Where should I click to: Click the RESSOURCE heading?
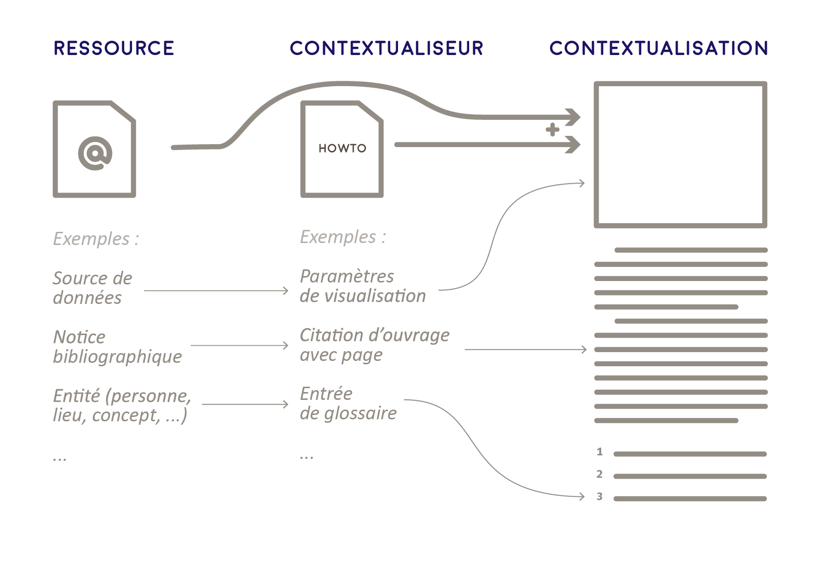coord(114,48)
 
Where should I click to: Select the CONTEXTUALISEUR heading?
coord(386,48)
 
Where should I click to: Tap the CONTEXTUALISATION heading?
coord(659,48)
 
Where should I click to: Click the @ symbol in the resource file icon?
coord(95,153)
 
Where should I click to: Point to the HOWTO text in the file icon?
coord(342,149)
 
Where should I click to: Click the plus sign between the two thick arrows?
coord(552,130)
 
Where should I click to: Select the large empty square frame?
coord(680,154)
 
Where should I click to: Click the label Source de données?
coord(93,288)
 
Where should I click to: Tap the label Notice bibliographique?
coord(117,347)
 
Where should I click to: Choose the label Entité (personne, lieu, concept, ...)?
coord(122,405)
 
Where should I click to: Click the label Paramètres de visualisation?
coord(362,286)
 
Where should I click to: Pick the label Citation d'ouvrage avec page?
coord(374,345)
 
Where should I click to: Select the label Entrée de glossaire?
coord(348,403)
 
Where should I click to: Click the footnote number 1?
coord(600,452)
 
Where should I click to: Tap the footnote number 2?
coord(600,474)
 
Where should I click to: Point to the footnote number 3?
coord(600,497)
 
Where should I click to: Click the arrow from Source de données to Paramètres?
coord(216,291)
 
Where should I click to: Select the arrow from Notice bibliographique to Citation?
coord(239,345)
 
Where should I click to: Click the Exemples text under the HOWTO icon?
coord(342,237)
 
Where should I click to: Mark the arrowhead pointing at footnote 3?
coord(582,496)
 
